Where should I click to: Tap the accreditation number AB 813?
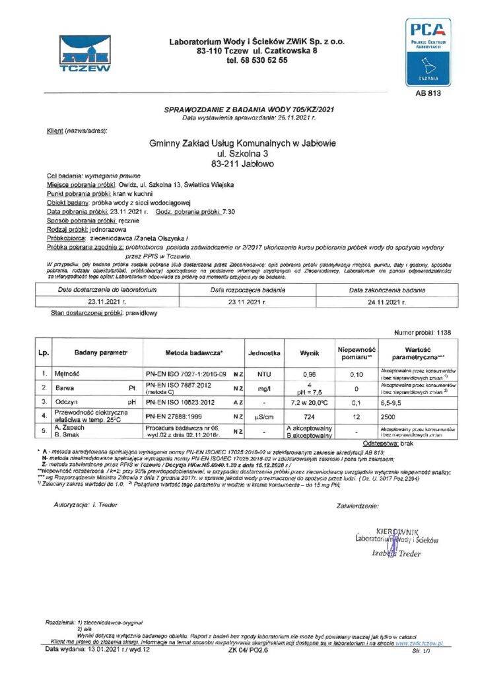(x=428, y=93)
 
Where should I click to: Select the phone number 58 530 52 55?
(x=257, y=60)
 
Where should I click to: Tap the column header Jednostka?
(x=264, y=353)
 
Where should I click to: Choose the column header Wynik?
(x=310, y=353)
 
